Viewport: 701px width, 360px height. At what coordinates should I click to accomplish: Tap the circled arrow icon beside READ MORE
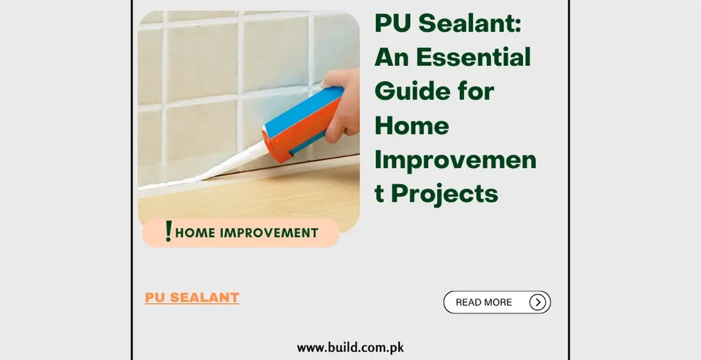coord(538,302)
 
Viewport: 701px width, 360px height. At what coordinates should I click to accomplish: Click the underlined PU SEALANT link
coord(192,298)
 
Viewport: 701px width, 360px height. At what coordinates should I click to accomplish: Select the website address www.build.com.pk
coord(350,348)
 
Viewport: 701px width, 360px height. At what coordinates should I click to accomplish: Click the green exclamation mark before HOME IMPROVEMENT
coord(168,231)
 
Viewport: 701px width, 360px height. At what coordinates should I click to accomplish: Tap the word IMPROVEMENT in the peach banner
coord(268,233)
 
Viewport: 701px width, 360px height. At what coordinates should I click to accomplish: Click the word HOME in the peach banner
coord(195,233)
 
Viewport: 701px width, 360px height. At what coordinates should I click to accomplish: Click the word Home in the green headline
coord(411,125)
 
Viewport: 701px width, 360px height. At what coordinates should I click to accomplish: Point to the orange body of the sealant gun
coord(292,137)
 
